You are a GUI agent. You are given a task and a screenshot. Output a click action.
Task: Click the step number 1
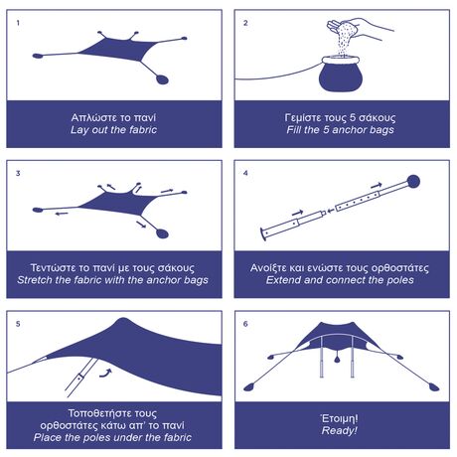[x=18, y=23]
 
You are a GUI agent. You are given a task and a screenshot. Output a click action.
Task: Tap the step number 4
[x=245, y=173]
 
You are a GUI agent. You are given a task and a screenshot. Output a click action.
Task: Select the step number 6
[x=245, y=324]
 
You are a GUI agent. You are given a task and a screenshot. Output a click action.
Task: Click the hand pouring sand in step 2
[x=360, y=27]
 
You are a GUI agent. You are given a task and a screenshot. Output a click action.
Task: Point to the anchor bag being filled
[x=341, y=74]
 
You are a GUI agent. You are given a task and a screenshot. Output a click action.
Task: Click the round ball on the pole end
[x=413, y=182]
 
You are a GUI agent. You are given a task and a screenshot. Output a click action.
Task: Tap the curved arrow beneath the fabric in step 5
[x=105, y=374]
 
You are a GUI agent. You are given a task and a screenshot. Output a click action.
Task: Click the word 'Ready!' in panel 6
[x=340, y=430]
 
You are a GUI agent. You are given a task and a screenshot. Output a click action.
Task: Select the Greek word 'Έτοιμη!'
[x=340, y=418]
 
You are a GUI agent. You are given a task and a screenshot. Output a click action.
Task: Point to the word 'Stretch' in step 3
[x=35, y=280]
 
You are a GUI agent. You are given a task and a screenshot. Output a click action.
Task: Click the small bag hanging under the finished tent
[x=337, y=359]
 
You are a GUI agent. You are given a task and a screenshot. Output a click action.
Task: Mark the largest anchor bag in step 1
[x=162, y=79]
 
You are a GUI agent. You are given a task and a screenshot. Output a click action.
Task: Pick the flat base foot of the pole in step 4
[x=263, y=234]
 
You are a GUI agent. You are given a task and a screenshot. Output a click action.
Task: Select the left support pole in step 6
[x=322, y=358]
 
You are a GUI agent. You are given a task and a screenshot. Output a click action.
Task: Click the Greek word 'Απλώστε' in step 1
[x=89, y=118]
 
